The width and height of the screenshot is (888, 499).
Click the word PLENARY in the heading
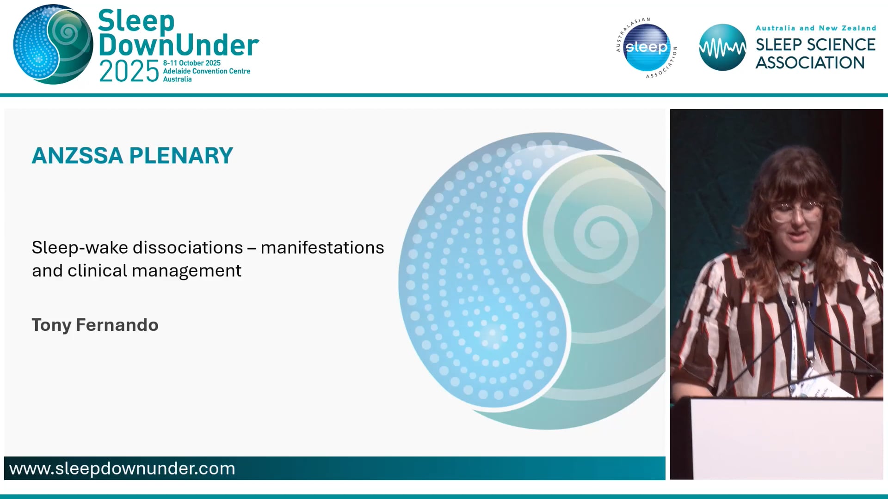181,156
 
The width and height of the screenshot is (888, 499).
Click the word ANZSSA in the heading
77,156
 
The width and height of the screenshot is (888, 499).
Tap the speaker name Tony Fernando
95,325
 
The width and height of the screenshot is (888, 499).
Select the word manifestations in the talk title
322,248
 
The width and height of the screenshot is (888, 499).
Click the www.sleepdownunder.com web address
122,469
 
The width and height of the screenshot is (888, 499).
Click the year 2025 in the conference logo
129,72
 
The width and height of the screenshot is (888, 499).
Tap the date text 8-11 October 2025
191,63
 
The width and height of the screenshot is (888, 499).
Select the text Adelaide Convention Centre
206,71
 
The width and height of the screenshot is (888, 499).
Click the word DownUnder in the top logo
179,45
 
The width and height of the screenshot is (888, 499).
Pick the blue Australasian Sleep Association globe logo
646,48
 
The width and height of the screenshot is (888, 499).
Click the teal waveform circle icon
722,48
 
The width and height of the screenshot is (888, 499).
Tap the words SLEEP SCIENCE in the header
815,45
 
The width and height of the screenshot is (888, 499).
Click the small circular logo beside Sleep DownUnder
53,45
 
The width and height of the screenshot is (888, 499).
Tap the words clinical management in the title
154,271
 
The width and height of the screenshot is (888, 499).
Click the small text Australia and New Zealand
815,28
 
